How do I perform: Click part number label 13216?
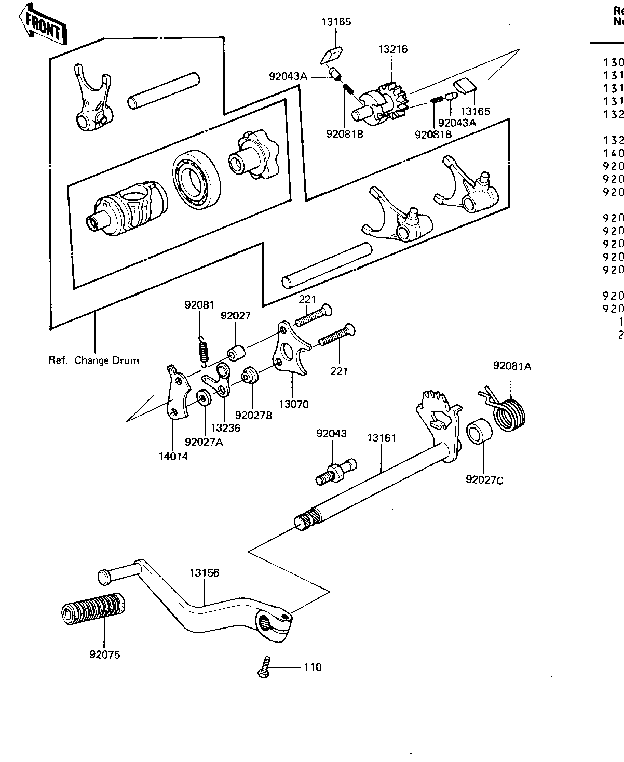[393, 50]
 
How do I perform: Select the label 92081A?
[512, 366]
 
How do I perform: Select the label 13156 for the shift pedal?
[204, 573]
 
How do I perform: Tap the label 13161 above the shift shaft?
[382, 438]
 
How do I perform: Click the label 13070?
[293, 404]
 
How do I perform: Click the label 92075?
[104, 654]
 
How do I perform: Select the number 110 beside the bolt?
[313, 667]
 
